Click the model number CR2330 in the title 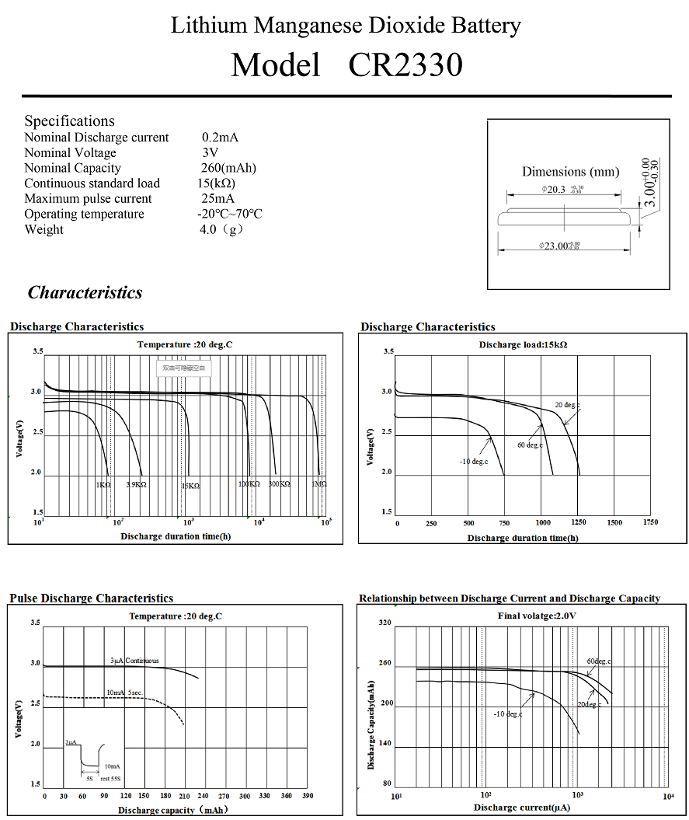405,65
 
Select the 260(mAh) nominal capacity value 228,168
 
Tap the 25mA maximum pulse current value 218,199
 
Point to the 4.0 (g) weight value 221,229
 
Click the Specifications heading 69,120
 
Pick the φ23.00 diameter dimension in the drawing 559,246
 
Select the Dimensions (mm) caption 570,172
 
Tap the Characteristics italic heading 85,293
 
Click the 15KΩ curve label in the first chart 190,486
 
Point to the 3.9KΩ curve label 136,485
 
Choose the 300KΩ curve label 280,484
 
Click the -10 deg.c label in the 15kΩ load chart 473,462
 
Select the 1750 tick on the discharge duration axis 650,523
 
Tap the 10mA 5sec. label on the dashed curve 124,692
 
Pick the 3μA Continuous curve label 134,661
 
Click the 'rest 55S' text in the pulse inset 110,777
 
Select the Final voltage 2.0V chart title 537,616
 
